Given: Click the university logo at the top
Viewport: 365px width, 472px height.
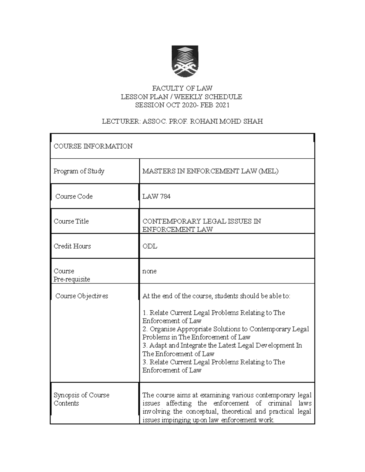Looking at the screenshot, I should click(185, 61).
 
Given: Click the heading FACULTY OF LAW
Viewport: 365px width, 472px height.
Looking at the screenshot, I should click(182, 88).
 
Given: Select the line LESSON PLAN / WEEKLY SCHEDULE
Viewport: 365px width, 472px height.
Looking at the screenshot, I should click(181, 97).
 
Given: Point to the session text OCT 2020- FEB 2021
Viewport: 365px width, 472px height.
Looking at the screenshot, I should click(198, 105).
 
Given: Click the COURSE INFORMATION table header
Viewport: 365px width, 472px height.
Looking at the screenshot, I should click(93, 146).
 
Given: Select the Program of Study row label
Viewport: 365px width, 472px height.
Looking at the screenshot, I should click(79, 171).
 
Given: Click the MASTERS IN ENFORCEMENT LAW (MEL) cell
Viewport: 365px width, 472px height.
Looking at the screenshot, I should click(210, 171).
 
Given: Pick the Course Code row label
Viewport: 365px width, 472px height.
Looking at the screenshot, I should click(74, 196).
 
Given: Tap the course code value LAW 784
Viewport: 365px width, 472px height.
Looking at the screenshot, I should click(156, 196).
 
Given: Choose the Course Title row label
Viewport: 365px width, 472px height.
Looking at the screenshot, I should click(71, 221).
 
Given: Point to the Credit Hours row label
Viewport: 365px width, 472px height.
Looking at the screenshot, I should click(72, 246).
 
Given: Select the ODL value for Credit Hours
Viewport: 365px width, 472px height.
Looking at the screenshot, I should click(150, 246).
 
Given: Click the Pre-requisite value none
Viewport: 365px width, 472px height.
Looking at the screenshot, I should click(149, 271).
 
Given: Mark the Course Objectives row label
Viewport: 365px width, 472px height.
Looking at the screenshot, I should click(82, 296).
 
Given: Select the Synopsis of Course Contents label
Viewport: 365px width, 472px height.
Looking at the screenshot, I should click(81, 399).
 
